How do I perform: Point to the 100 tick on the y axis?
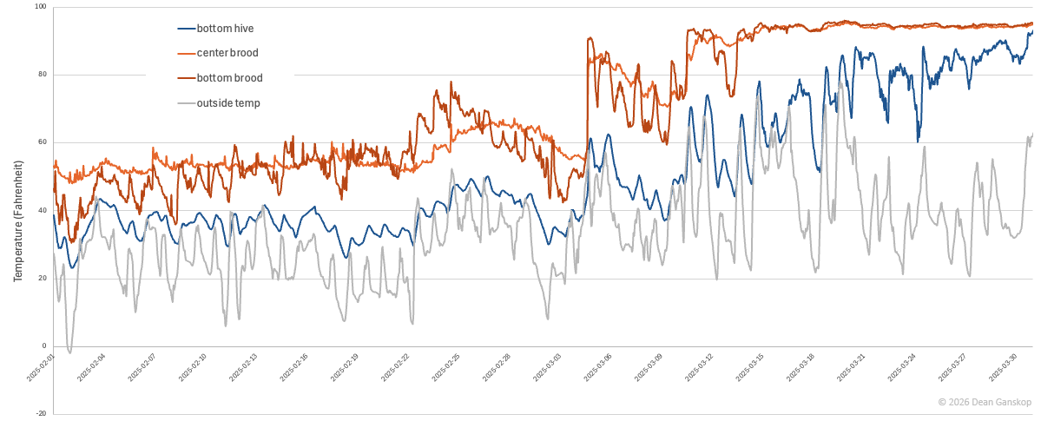point(40,8)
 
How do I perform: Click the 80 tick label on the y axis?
point(42,75)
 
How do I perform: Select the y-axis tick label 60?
point(42,142)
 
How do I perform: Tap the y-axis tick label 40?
point(42,210)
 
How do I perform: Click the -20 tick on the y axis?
point(40,413)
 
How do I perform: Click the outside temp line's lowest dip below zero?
point(69,352)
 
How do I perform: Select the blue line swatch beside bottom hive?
point(186,29)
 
